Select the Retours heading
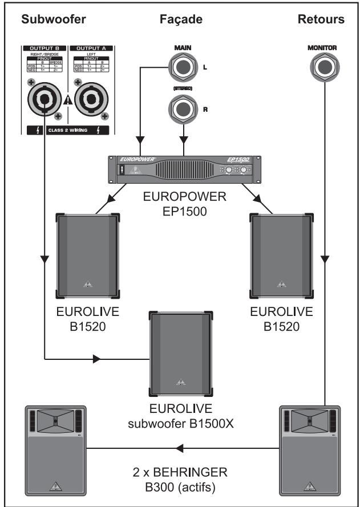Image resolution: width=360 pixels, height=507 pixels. [x=321, y=19]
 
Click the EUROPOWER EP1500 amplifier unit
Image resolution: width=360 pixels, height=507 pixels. [x=184, y=170]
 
